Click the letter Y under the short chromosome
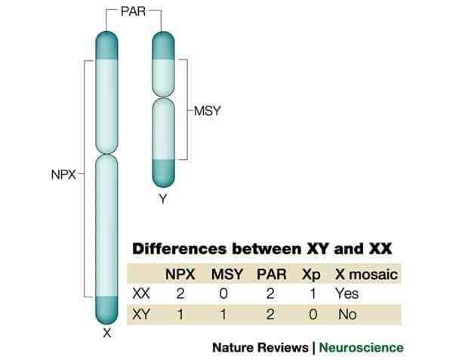tap(162, 199)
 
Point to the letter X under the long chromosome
tap(107, 332)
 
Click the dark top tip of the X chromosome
tap(107, 44)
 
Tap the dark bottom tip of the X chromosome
tap(107, 309)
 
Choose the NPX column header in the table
tap(181, 274)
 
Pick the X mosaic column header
tap(367, 274)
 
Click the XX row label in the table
tap(140, 294)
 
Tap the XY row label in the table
tap(140, 314)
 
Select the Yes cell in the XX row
tap(348, 294)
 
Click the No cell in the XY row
tap(347, 314)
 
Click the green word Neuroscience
tap(361, 347)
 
